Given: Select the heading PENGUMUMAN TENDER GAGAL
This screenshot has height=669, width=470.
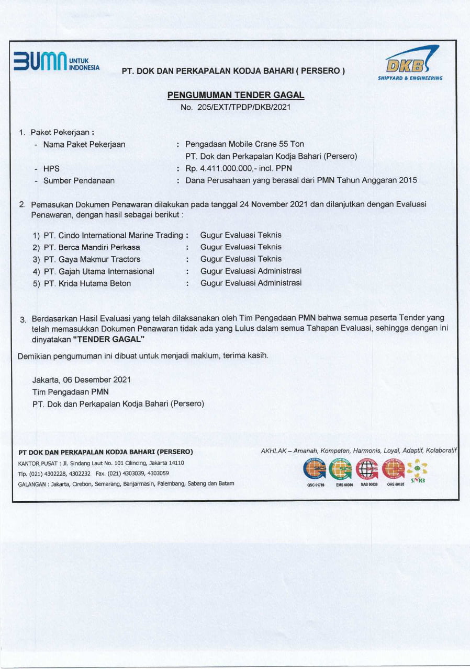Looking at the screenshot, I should click(236, 95).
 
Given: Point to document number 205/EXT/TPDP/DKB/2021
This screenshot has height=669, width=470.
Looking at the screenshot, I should click(235, 107).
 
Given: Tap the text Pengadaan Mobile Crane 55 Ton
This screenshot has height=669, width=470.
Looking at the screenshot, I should click(244, 144).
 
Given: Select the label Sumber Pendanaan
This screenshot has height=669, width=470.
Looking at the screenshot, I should click(79, 181).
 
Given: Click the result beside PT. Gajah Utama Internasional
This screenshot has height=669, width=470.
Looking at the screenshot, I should click(251, 271).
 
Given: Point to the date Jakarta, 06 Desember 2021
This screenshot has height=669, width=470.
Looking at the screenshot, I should click(82, 379).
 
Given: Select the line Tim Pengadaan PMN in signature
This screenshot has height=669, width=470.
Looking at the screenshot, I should click(70, 391).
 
